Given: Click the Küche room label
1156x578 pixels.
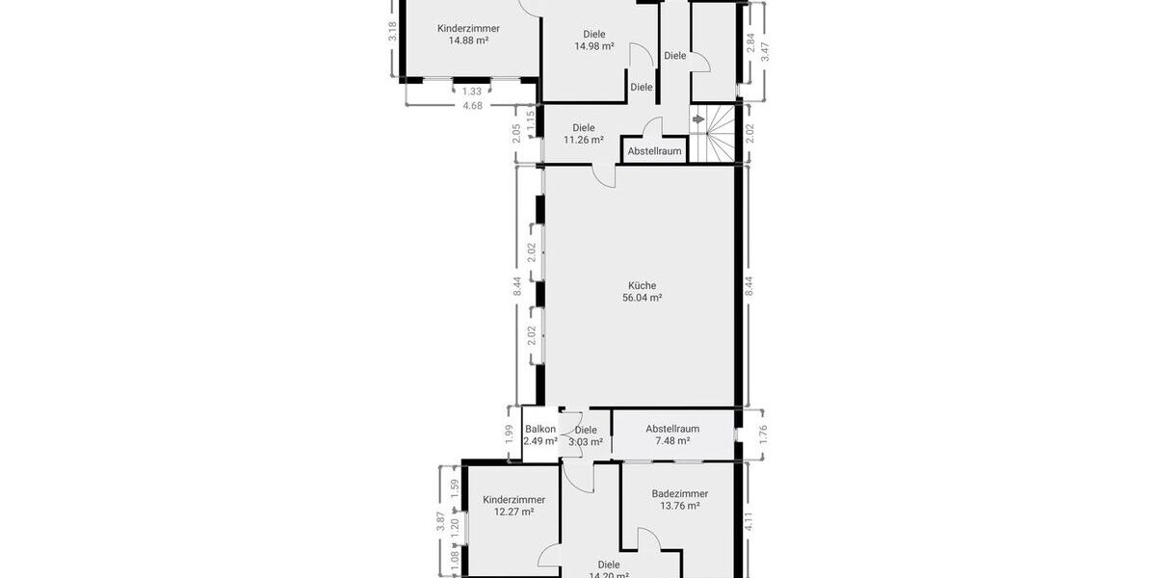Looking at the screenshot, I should [643, 285].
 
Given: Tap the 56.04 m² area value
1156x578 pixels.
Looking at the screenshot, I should [643, 299].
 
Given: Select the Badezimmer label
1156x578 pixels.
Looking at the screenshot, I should [679, 492].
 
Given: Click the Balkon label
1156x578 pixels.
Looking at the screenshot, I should [540, 430].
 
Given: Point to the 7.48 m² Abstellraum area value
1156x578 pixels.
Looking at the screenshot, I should [671, 441].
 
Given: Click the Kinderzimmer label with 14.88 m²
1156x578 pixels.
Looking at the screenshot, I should [468, 28].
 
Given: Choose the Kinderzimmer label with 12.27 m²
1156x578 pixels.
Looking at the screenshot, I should [513, 499].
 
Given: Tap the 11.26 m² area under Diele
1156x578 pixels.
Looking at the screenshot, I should [583, 140].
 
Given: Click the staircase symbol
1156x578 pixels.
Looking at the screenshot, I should [721, 133].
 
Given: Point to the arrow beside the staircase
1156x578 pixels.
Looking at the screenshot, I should [696, 119].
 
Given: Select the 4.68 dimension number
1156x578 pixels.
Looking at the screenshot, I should [472, 106].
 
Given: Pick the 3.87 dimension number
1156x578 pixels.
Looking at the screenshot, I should [441, 521].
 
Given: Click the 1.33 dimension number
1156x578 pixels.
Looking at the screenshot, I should [472, 92].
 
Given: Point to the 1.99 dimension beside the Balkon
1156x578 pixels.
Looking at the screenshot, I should [510, 435].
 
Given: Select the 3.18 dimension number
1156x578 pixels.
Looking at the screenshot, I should [392, 31].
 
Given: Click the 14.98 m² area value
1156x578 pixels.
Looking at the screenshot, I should [594, 46].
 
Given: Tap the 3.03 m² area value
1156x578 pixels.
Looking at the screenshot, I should [586, 442].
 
